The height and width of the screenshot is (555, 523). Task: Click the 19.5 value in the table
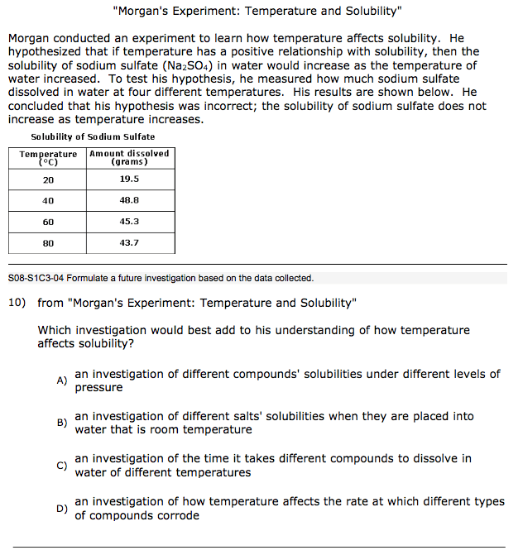click(x=129, y=179)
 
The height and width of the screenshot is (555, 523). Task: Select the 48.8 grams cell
click(x=129, y=200)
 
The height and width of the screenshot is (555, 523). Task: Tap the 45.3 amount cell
click(x=129, y=222)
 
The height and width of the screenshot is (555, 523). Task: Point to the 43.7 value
click(x=129, y=243)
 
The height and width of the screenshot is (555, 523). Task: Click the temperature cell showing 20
click(x=48, y=179)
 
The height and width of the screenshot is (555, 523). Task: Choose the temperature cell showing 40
click(x=48, y=200)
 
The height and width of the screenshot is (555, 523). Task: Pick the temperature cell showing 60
click(x=48, y=222)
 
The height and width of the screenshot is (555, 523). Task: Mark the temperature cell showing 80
click(x=48, y=243)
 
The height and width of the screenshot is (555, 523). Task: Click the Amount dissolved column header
click(x=129, y=157)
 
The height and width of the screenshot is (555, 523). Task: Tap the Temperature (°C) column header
click(x=48, y=157)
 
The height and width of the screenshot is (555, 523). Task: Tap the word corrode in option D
click(x=177, y=515)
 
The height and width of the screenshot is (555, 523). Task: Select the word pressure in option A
click(x=98, y=387)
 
